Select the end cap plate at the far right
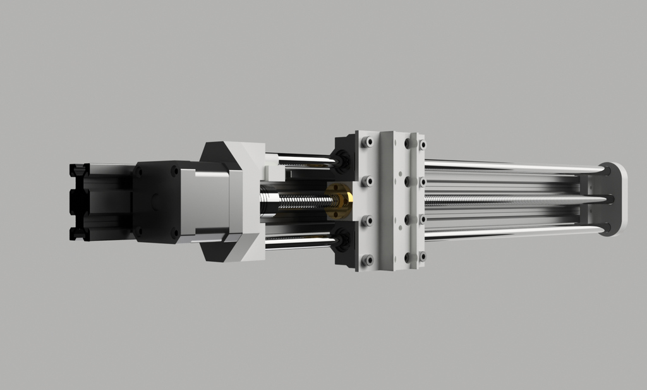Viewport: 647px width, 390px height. click(x=614, y=199)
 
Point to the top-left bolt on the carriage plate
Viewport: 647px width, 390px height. click(x=366, y=143)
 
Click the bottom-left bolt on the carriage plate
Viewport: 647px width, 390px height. click(x=366, y=260)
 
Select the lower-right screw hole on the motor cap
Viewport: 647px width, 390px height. click(x=174, y=232)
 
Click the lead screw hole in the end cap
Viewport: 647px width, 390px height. click(x=610, y=200)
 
